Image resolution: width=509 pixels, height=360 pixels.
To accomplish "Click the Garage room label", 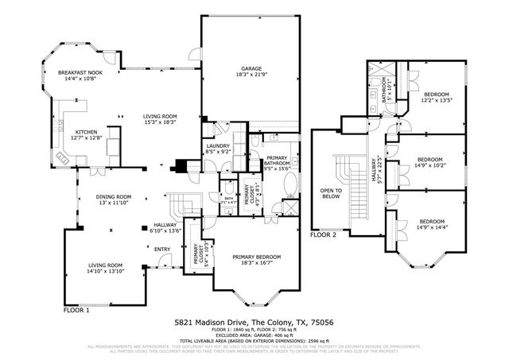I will pyautogui.click(x=251, y=68).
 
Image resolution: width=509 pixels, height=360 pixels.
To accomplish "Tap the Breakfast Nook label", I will pyautogui.click(x=77, y=73).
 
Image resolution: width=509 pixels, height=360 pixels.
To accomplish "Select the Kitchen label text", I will pyautogui.click(x=85, y=132).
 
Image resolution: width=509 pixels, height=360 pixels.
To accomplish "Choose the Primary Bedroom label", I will pyautogui.click(x=254, y=257).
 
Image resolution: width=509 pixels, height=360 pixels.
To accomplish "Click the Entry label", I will pyautogui.click(x=162, y=250).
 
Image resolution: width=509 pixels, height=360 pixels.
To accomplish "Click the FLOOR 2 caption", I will pyautogui.click(x=324, y=235).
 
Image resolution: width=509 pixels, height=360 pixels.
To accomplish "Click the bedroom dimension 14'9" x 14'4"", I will pyautogui.click(x=432, y=227).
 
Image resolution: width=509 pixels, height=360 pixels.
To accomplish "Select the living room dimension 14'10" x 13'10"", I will pyautogui.click(x=104, y=271).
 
